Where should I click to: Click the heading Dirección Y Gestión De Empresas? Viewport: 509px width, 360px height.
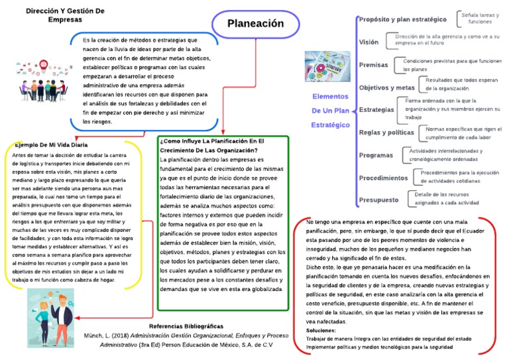(x=65, y=16)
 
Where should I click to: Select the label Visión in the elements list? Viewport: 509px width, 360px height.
(x=368, y=42)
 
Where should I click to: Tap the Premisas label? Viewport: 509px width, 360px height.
(x=373, y=64)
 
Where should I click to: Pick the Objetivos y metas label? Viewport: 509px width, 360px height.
(x=386, y=87)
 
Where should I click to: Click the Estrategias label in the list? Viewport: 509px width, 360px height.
(x=376, y=109)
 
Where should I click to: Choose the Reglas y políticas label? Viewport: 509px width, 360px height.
(x=386, y=132)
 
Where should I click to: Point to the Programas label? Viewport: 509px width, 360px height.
(x=376, y=155)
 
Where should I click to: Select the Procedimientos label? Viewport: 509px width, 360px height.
(x=383, y=178)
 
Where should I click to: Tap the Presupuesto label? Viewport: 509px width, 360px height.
(x=378, y=200)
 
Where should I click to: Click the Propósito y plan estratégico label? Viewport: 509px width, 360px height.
(x=402, y=19)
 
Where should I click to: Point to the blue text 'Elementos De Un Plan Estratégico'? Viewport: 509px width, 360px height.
(x=330, y=110)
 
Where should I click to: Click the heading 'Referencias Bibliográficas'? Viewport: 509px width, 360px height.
(x=187, y=326)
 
